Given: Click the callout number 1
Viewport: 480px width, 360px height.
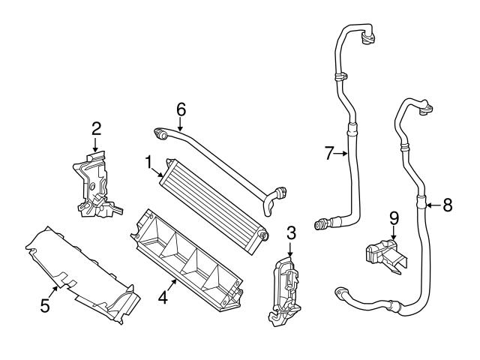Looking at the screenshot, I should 149,161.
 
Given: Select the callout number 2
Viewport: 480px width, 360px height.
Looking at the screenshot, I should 96,128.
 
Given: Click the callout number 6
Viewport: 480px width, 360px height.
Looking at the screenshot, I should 180,108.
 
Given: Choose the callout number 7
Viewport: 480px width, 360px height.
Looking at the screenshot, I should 329,154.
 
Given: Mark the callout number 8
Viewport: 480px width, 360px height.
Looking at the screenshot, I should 447,204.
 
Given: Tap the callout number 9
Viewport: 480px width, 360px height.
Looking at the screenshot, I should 393,218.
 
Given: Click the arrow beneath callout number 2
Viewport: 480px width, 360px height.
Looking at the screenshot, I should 96,145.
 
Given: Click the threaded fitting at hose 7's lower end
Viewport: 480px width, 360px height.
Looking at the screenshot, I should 323,222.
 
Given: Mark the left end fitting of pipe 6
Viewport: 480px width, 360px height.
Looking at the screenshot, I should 160,134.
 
